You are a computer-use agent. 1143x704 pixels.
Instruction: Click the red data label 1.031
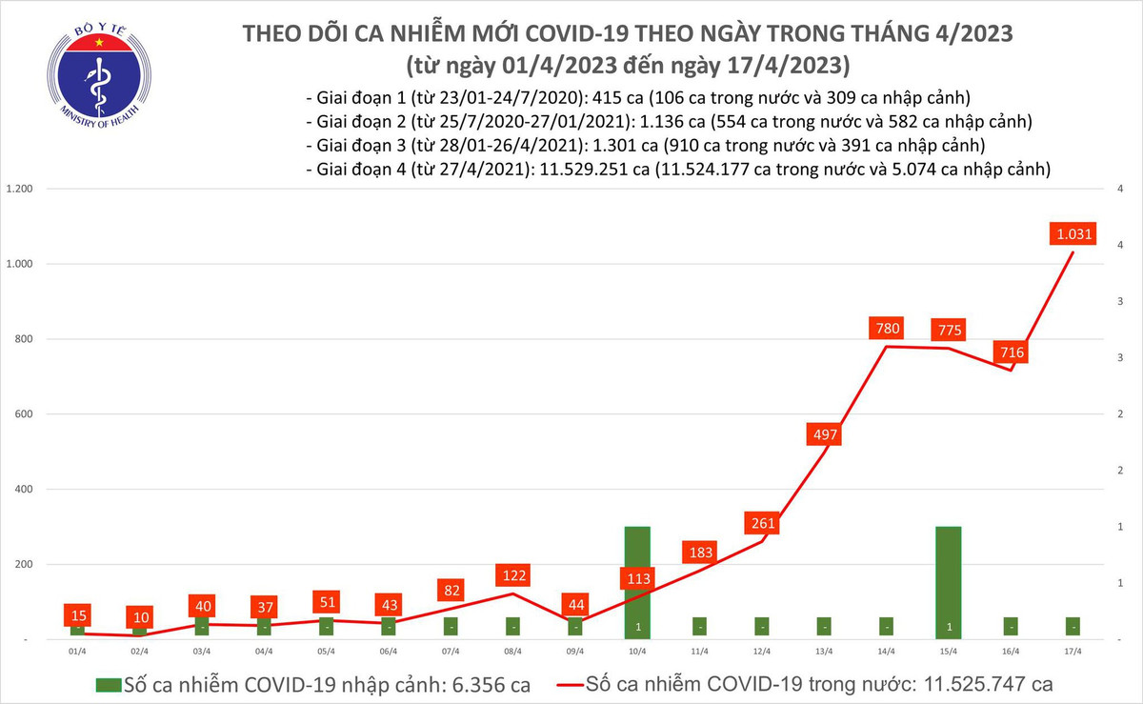tap(1073, 233)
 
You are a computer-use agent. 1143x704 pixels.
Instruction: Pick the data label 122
tap(513, 576)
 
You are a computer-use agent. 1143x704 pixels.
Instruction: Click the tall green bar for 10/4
tap(637, 581)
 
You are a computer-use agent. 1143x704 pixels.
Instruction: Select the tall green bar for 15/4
tap(949, 581)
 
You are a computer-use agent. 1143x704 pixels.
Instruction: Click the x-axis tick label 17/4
tap(1073, 652)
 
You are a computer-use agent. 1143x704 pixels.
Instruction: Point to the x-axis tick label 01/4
tap(78, 652)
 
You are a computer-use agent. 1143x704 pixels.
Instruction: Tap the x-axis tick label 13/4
tap(825, 652)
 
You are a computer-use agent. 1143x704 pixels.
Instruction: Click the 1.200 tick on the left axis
tap(20, 189)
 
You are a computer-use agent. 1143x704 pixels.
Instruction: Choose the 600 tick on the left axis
tap(25, 414)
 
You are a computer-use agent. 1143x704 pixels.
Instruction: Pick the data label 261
tap(763, 523)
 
